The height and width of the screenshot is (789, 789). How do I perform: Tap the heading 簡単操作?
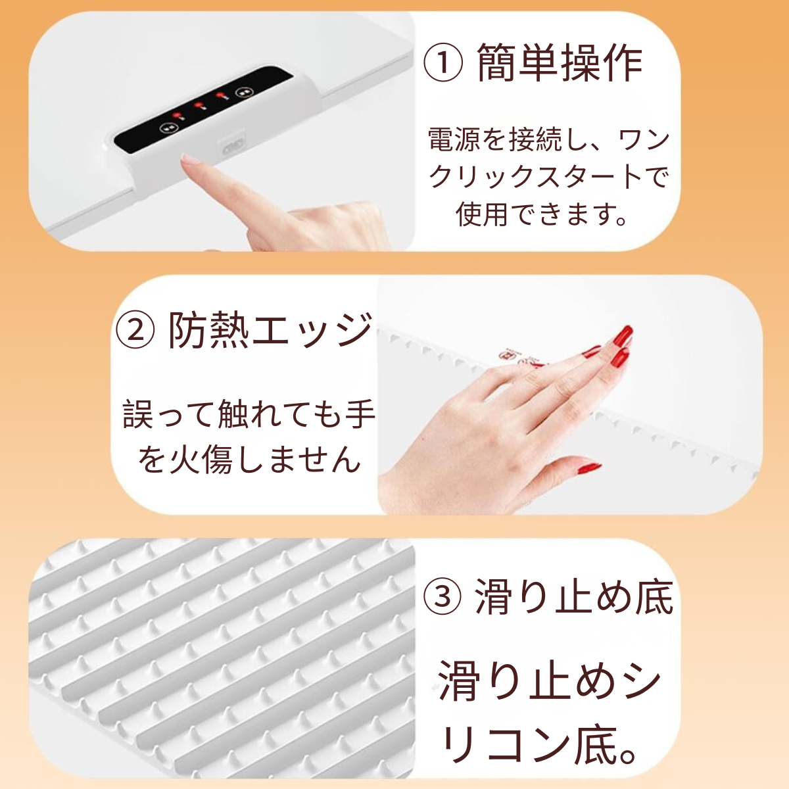click(x=560, y=63)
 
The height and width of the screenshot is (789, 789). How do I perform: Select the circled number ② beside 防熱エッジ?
click(x=135, y=329)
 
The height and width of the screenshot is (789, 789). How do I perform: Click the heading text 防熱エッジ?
click(x=271, y=329)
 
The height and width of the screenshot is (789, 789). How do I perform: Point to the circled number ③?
click(x=442, y=596)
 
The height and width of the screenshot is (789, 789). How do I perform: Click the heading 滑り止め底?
click(x=574, y=596)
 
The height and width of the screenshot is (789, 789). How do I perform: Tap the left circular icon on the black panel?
click(x=166, y=128)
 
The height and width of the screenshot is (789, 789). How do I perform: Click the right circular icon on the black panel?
click(x=244, y=93)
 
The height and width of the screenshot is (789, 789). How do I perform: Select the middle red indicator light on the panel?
click(x=199, y=107)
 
